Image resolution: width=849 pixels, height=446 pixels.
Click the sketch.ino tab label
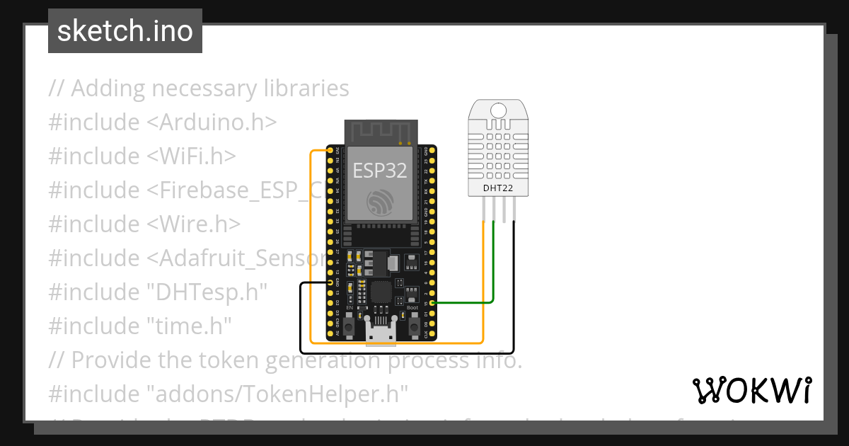125,31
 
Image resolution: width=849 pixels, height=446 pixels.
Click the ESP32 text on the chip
380,171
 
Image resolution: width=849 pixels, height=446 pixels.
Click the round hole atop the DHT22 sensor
498,110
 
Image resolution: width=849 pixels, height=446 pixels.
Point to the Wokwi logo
751,390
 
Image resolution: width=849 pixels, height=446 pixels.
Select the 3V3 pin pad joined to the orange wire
330,151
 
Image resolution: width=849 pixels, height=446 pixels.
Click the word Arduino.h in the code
211,122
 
